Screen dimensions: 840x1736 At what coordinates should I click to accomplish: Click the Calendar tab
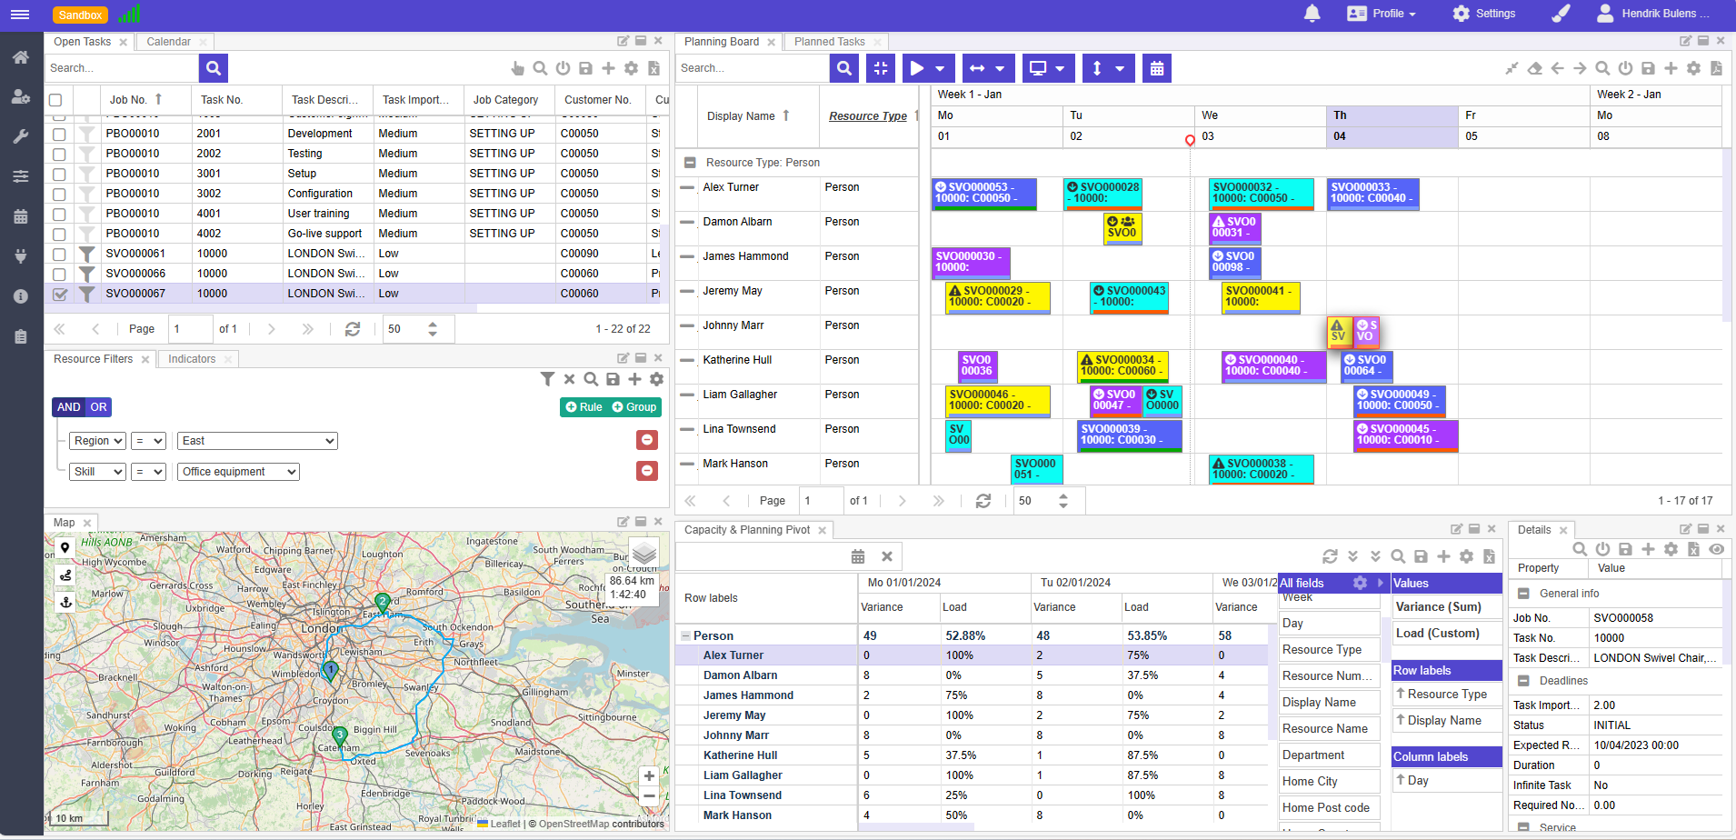168,42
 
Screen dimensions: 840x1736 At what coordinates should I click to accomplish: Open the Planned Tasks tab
829,42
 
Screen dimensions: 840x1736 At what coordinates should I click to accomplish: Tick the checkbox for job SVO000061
59,254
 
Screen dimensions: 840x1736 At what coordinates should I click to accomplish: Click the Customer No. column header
597,100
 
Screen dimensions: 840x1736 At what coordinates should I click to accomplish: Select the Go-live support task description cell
324,234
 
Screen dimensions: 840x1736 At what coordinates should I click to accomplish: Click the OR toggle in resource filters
98,407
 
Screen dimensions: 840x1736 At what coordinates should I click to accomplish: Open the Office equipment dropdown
239,472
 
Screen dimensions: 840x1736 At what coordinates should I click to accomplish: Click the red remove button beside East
647,440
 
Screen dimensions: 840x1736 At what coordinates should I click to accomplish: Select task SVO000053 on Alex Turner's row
983,193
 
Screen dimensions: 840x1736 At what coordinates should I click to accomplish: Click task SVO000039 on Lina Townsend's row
1129,435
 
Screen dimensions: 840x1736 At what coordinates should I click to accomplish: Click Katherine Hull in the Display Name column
737,360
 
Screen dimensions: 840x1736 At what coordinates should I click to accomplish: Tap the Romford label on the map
424,592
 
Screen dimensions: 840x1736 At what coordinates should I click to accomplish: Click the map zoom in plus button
649,776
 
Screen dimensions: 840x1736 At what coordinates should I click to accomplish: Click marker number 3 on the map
339,735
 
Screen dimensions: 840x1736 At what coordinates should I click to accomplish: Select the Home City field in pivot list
1310,782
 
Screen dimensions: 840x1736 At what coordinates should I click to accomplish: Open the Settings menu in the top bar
1483,14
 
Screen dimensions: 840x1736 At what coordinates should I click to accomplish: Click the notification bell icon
1312,14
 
